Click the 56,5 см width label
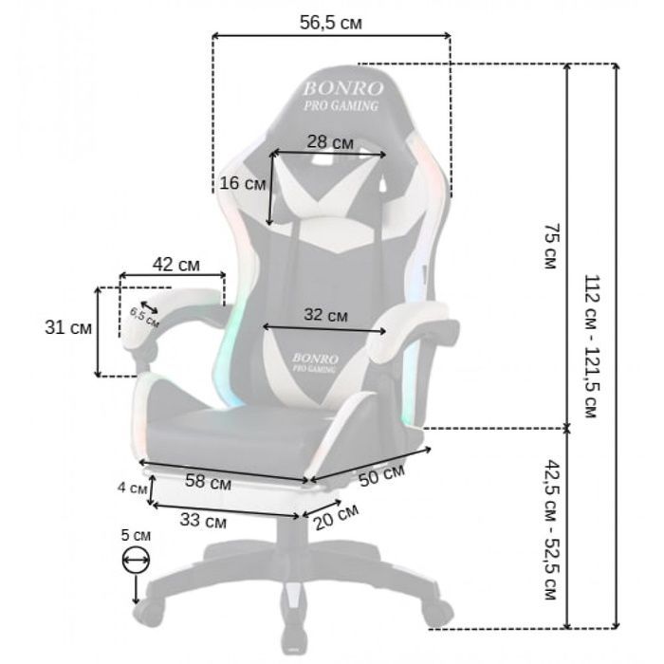pos(331,23)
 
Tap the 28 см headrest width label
pos(330,142)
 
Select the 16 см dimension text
pos(243,183)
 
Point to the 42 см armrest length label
pos(175,265)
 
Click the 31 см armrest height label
pos(68,327)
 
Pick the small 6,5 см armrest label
pos(144,318)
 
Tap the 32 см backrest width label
pos(325,315)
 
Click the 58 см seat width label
pos(209,482)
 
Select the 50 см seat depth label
pos(381,474)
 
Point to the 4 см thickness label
pos(132,488)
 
